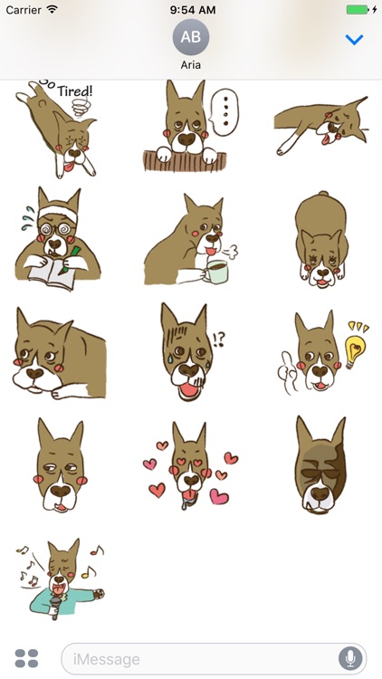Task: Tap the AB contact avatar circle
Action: (x=191, y=37)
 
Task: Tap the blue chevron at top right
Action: (x=354, y=40)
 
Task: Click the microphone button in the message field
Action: (x=349, y=658)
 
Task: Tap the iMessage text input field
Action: (x=199, y=658)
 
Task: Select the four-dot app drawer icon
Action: (x=26, y=658)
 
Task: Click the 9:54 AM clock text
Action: (x=191, y=9)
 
